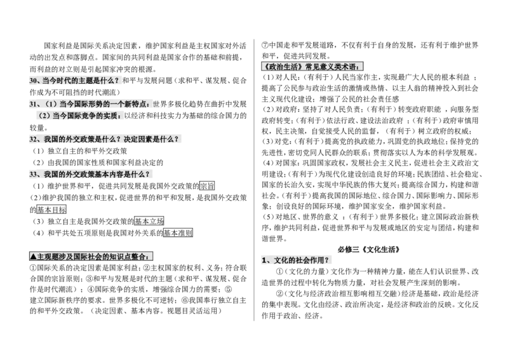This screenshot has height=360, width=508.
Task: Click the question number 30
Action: pos(34,81)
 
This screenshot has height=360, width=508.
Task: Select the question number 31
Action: pos(34,103)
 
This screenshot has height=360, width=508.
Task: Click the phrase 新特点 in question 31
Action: pos(138,103)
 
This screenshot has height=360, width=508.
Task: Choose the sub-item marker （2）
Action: pos(44,116)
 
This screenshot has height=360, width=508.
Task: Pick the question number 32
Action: pos(34,139)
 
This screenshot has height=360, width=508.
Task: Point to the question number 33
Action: pos(34,174)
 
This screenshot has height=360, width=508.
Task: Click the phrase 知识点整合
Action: pos(130,257)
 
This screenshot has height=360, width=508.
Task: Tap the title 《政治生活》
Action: pos(283,66)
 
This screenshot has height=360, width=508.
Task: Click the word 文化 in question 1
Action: pos(280,260)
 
